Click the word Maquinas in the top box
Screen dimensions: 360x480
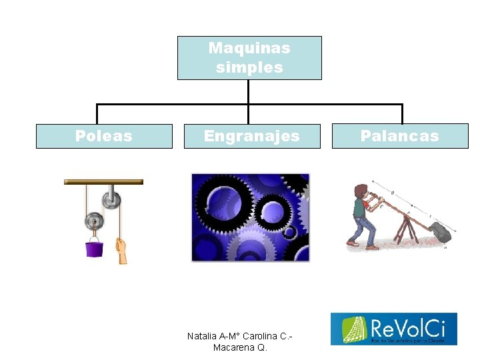pyautogui.click(x=249, y=48)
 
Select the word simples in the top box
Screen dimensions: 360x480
pyautogui.click(x=249, y=67)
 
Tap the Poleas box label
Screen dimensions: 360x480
pyautogui.click(x=104, y=136)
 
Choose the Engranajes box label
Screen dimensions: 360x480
pyautogui.click(x=252, y=136)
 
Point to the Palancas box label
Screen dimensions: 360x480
pyautogui.click(x=399, y=136)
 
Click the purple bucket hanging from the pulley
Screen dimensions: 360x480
pyautogui.click(x=94, y=249)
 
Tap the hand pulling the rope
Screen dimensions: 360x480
pyautogui.click(x=121, y=252)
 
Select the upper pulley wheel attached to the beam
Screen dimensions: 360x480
pyautogui.click(x=110, y=199)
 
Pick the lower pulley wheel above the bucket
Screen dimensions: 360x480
pyautogui.click(x=95, y=221)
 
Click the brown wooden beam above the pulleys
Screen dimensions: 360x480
pyautogui.click(x=103, y=181)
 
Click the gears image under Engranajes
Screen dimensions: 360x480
pyautogui.click(x=251, y=217)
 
